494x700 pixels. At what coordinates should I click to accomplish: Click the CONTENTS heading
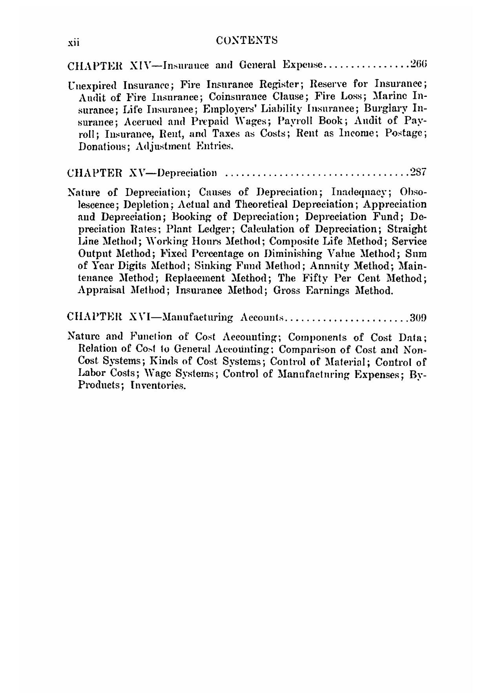(x=247, y=40)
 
